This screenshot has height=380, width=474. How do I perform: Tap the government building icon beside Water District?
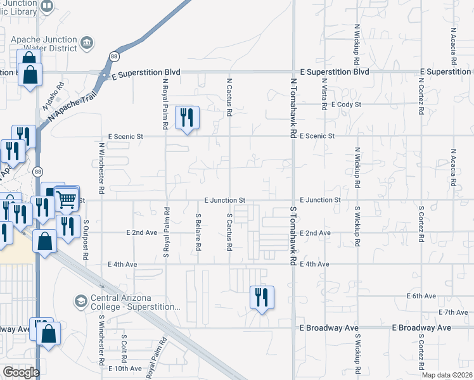87,43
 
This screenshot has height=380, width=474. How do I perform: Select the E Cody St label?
345,104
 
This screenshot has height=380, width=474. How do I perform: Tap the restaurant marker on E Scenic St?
187,118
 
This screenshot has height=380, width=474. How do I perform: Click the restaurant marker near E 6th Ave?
262,297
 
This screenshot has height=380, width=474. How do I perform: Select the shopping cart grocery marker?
66,199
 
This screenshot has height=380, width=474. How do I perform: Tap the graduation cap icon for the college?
81,300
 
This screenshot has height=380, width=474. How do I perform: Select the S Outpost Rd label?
84,240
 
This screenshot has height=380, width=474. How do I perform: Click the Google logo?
21,372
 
